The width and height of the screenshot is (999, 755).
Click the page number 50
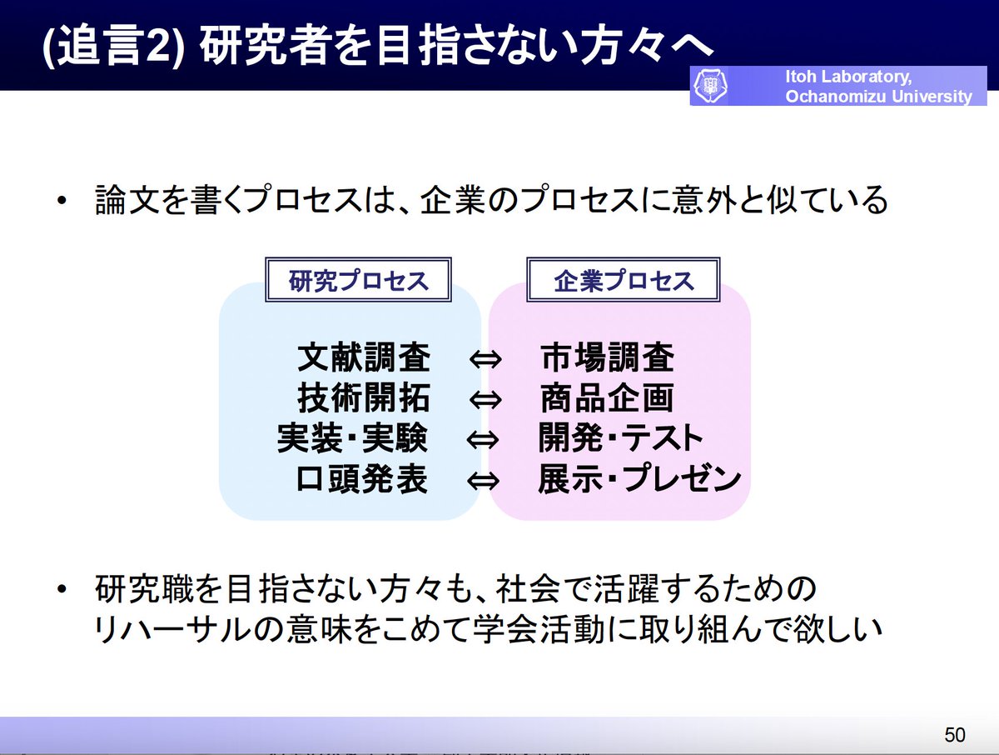[955, 734]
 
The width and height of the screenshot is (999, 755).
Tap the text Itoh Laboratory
[848, 77]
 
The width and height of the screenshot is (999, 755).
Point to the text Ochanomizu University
[878, 97]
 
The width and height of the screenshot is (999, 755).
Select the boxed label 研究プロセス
[358, 281]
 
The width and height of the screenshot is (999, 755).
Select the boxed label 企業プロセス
[624, 281]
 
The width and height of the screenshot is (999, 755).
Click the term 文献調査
[364, 357]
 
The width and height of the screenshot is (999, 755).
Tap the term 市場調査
[606, 357]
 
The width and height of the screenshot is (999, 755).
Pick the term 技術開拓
[364, 398]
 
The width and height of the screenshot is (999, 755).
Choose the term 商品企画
[606, 398]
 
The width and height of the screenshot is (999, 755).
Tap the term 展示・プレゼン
[639, 480]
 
